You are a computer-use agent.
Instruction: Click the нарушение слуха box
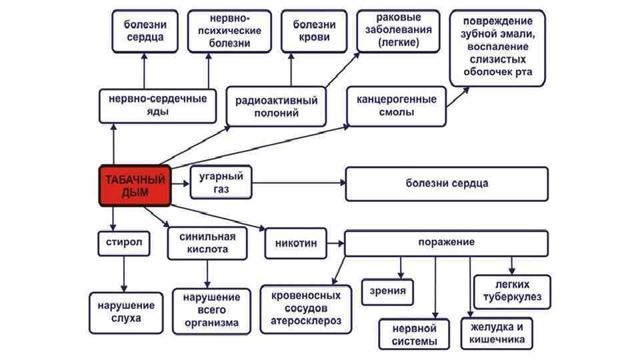[x=127, y=312]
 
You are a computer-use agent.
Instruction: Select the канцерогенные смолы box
[x=396, y=105]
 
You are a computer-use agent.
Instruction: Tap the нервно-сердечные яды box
[x=157, y=105]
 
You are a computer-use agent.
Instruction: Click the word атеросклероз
[x=305, y=321]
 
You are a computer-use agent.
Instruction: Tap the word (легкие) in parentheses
[x=398, y=42]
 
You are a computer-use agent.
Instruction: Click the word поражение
[x=446, y=242]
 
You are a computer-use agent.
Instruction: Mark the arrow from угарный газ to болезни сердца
[x=297, y=183]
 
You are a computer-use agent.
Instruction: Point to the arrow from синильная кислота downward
[x=208, y=273]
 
